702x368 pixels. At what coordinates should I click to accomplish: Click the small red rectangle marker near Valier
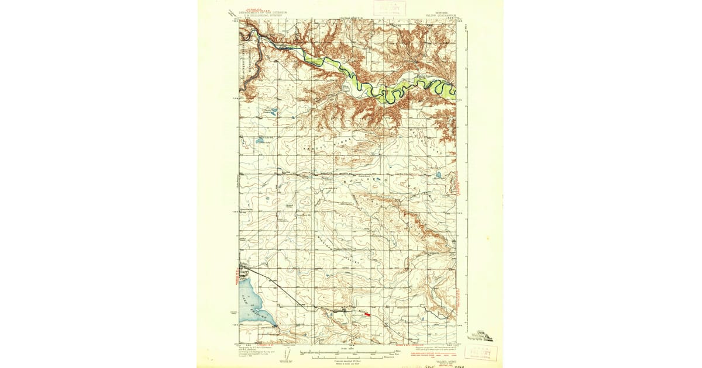[367, 314]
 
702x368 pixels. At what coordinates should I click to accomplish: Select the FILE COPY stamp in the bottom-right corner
[481, 352]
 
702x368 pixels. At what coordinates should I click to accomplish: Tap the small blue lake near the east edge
[437, 175]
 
